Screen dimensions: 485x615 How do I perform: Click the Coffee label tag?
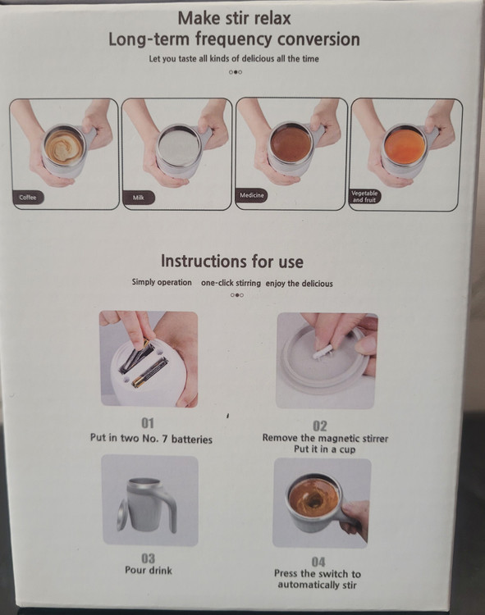coord(28,198)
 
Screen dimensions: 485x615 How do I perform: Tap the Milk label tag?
coord(139,198)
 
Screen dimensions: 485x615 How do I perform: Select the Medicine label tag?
coord(251,195)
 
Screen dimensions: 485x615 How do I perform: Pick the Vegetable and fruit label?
coord(364,196)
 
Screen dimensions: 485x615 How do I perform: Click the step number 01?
coord(148,423)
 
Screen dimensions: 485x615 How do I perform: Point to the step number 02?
coord(320,426)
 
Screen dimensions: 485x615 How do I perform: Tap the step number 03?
coord(148,558)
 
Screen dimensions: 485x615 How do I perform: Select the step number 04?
coord(318,562)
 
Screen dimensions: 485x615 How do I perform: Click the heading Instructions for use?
coord(232,262)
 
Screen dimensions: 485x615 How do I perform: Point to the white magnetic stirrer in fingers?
coord(320,353)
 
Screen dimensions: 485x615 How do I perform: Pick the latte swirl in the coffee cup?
coord(63,146)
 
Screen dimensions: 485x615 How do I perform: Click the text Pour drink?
coord(149,570)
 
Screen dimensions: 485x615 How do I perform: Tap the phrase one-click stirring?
coord(231,283)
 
